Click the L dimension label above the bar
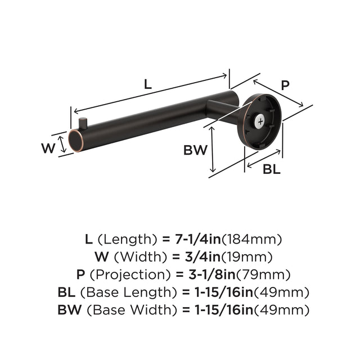tap(147, 85)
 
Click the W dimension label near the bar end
tap(48, 148)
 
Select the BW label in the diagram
tap(195, 150)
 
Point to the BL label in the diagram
tap(271, 168)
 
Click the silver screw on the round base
tap(260, 120)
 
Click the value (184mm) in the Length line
tap(251, 238)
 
